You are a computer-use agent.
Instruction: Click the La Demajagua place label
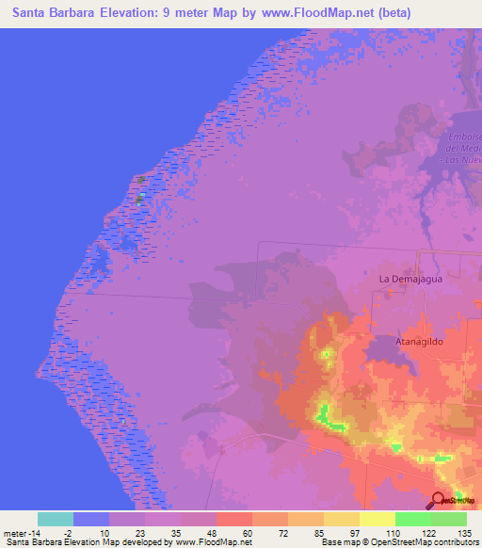410,279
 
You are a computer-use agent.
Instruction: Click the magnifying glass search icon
439,501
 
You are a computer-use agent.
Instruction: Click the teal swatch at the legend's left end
56,519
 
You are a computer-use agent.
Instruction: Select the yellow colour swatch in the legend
377,519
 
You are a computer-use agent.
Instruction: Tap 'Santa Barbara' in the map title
56,12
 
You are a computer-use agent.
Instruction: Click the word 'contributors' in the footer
455,542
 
